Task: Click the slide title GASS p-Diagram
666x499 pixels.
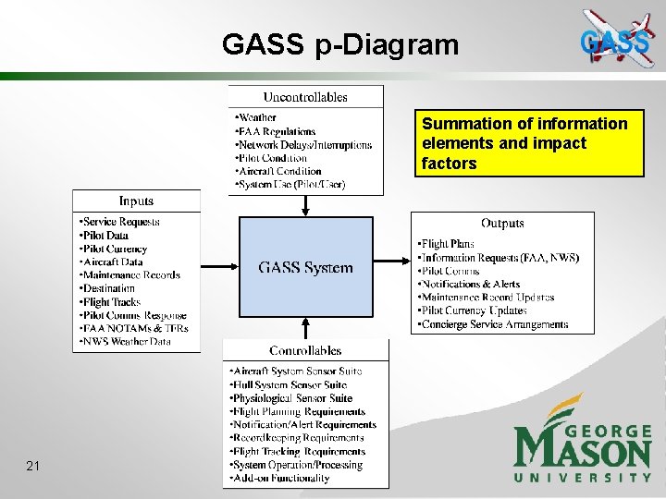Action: point(339,43)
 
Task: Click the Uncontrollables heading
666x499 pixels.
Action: point(305,96)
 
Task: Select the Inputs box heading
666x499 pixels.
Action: point(136,201)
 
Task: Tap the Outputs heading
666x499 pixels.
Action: point(502,223)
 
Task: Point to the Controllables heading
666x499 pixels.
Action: point(305,350)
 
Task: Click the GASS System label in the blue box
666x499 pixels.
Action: point(305,268)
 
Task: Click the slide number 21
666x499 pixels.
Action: point(32,466)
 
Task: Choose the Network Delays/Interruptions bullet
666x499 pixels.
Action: point(304,145)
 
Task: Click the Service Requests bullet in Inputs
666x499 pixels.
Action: point(120,222)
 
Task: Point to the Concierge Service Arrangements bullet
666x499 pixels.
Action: point(495,324)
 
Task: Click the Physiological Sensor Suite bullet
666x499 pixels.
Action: point(292,398)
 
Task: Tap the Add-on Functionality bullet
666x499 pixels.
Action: point(282,479)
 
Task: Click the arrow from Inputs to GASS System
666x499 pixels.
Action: point(220,267)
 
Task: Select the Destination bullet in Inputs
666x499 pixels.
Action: point(109,288)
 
